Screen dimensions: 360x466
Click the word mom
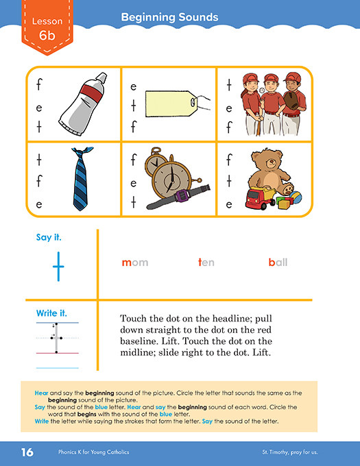[135, 262]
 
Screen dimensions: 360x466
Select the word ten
[206, 262]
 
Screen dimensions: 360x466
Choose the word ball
[278, 262]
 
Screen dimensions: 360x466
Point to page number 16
[27, 452]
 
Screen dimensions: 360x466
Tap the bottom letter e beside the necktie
[40, 204]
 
